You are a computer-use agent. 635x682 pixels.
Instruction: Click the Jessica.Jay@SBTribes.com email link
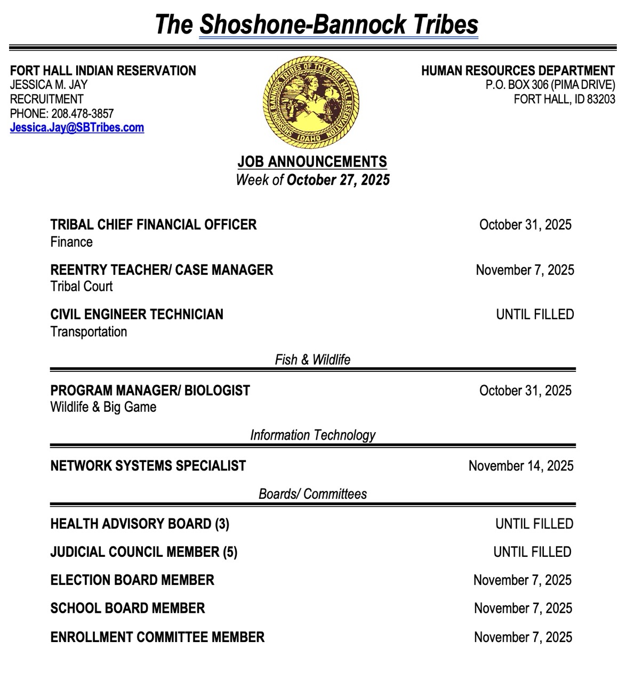[77, 127]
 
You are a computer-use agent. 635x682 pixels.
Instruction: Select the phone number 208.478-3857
[82, 113]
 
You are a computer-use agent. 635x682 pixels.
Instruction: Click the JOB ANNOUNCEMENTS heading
[312, 161]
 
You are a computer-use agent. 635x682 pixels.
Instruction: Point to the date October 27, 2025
[338, 180]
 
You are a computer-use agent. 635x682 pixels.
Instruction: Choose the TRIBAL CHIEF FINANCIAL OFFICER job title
[154, 224]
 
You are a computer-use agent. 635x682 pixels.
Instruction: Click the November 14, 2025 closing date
[521, 466]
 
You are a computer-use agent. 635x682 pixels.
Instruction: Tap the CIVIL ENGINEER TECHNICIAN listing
[137, 314]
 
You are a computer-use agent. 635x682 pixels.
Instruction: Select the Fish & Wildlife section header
[312, 360]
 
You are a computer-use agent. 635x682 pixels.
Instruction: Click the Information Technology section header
[312, 435]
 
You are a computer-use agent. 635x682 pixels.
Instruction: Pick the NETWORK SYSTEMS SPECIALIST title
[148, 466]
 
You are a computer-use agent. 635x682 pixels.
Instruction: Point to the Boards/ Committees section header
[312, 494]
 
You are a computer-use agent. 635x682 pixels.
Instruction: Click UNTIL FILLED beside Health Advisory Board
[534, 524]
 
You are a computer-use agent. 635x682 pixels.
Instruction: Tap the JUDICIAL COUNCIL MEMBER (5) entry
[144, 552]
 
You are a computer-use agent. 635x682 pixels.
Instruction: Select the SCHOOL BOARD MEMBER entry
[127, 608]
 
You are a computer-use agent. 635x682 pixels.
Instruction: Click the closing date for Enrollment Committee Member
[523, 637]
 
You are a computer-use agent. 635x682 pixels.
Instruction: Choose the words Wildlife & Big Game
[103, 407]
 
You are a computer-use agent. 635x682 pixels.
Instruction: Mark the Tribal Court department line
[82, 287]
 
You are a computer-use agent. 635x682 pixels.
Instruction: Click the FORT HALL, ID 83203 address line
[564, 99]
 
